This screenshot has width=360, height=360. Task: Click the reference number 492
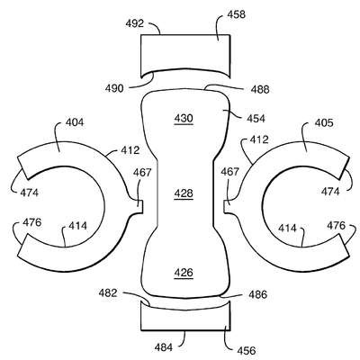(135, 23)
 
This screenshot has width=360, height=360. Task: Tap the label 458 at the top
(236, 14)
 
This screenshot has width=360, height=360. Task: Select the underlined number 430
(184, 119)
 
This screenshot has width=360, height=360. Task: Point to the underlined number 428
(184, 193)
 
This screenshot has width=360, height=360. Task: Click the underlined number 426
(184, 273)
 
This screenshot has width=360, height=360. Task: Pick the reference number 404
(75, 122)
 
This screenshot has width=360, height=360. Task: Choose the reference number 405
(324, 122)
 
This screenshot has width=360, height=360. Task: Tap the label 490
(114, 88)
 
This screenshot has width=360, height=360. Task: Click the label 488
(260, 89)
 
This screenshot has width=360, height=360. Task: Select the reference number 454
(256, 119)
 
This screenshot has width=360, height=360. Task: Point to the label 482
(108, 292)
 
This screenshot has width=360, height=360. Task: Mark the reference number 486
(257, 294)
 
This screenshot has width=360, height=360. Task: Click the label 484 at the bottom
(164, 347)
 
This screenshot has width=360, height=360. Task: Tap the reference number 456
(247, 350)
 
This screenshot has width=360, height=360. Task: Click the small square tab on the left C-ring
(139, 207)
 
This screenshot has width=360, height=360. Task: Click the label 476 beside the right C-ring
(336, 225)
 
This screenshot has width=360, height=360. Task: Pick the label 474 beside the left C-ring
(30, 193)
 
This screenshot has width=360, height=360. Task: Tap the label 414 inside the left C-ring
(77, 226)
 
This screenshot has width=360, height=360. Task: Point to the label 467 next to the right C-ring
(230, 172)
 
